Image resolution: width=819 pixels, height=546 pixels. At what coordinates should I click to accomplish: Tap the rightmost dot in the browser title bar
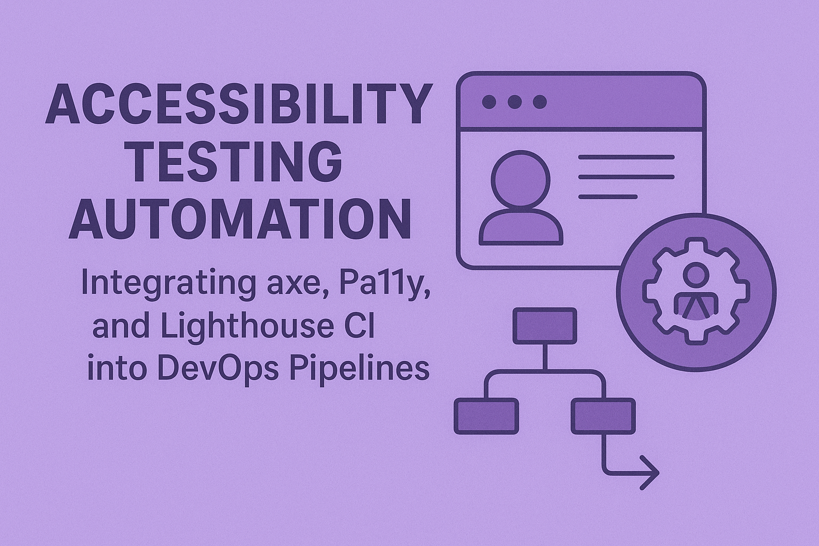[540, 101]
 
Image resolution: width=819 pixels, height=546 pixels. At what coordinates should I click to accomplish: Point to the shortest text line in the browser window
[608, 197]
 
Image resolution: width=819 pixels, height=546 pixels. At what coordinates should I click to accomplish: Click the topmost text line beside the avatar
[626, 157]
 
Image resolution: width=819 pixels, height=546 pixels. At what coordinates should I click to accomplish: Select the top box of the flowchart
[544, 326]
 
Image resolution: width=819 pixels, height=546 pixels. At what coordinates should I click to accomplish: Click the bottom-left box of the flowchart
[486, 415]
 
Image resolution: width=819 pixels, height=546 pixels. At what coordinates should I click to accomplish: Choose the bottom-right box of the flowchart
[603, 415]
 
